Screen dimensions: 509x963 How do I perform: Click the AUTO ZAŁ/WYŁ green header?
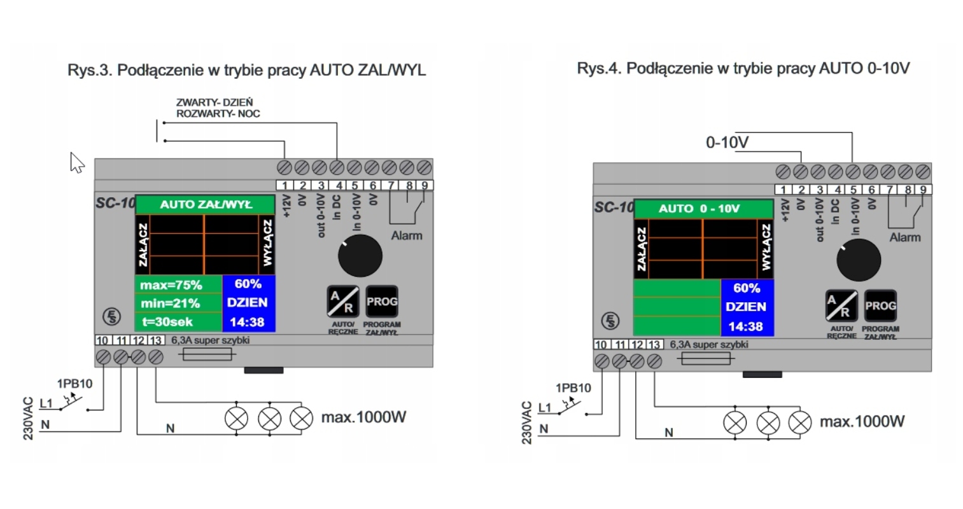[x=205, y=204]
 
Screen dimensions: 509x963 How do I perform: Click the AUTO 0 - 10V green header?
[x=703, y=209]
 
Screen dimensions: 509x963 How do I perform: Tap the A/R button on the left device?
[x=342, y=302]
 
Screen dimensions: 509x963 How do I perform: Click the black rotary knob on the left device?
[x=360, y=256]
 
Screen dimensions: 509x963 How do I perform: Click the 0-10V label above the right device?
[x=727, y=143]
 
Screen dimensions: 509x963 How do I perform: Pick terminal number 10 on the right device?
[x=601, y=345]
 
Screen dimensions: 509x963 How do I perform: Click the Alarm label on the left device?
[x=407, y=235]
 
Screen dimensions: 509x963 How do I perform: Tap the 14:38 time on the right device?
[x=745, y=326]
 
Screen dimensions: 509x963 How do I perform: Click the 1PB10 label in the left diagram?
[x=74, y=384]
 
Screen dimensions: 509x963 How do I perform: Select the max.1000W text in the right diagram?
[x=862, y=422]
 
